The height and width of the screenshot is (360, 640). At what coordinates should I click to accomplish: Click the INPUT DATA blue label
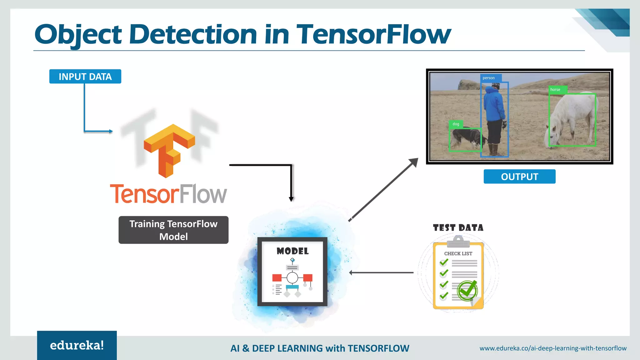[85, 77]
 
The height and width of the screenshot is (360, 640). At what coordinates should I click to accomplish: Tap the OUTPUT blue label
[519, 177]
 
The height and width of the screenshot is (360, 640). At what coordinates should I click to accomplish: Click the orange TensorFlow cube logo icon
[169, 150]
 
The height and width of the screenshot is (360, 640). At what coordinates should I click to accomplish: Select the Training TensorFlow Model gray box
[173, 230]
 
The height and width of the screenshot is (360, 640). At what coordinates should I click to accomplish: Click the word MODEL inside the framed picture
[292, 251]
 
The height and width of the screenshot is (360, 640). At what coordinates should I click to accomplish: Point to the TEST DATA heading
[458, 228]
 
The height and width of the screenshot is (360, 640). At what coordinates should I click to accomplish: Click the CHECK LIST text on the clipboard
[458, 253]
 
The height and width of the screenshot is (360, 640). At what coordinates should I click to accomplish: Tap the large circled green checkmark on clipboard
[467, 291]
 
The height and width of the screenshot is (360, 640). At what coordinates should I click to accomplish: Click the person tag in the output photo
[489, 78]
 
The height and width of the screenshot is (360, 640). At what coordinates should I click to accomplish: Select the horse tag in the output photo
[555, 90]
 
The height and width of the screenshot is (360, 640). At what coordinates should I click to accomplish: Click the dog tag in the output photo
[456, 124]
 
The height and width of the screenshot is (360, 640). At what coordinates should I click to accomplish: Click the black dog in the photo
[466, 138]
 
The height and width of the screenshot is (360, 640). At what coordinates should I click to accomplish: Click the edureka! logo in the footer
[77, 345]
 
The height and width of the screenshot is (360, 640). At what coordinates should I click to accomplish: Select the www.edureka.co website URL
[553, 348]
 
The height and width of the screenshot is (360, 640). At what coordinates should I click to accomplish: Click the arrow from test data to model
[381, 272]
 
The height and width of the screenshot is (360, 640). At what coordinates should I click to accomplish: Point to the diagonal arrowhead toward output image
[414, 162]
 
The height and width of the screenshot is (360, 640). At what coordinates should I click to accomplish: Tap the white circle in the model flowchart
[292, 277]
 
